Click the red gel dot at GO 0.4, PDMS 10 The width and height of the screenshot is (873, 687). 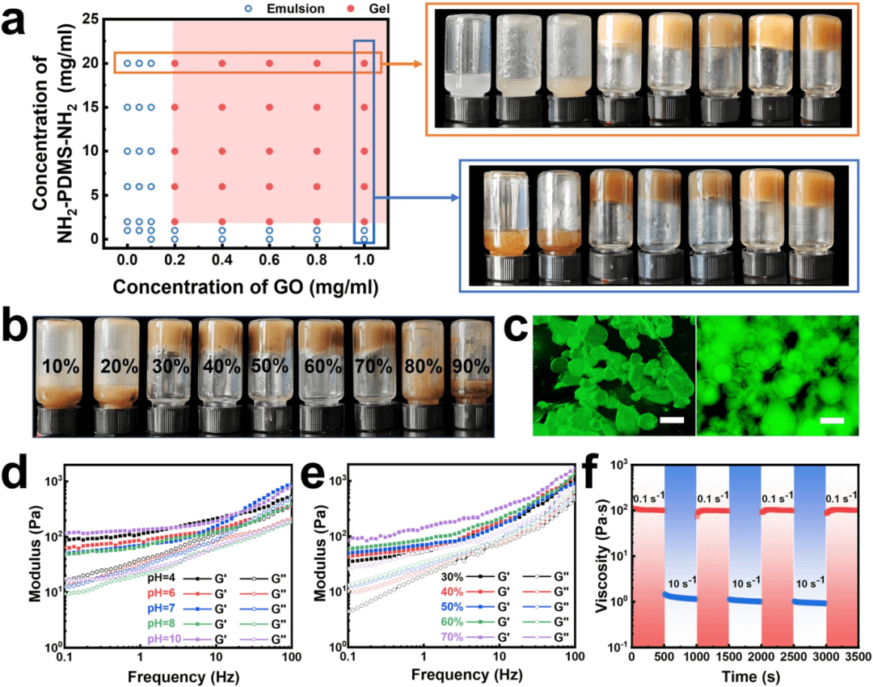click(x=222, y=151)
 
